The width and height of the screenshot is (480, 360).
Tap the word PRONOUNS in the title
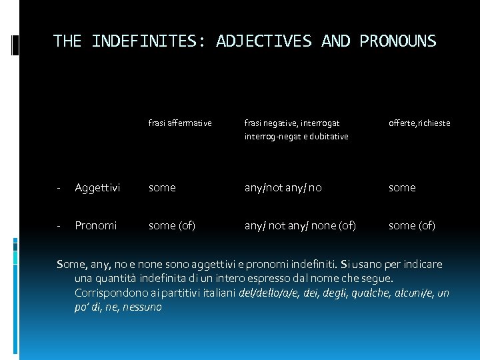[x=398, y=41]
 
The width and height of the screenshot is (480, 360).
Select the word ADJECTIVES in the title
[x=264, y=41]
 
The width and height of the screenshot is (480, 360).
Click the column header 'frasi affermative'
[x=180, y=123]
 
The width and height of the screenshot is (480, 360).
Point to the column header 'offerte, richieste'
[x=419, y=123]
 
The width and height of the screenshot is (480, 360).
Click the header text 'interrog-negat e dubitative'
[x=296, y=136]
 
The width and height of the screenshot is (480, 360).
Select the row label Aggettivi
[x=97, y=188]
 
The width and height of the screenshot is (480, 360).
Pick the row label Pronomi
[x=96, y=225]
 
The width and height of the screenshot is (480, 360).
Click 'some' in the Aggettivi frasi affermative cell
[x=162, y=188]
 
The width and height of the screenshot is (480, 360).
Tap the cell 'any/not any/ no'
[x=283, y=188]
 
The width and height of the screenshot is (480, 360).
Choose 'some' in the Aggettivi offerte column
[x=402, y=188]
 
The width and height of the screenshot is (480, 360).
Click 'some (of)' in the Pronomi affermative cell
[x=172, y=225]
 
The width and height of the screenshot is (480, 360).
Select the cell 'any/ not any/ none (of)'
[x=300, y=225]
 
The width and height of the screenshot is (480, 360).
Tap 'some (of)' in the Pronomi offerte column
[x=412, y=225]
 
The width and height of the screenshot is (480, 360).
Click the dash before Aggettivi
[x=59, y=188]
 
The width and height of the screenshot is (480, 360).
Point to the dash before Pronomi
[x=59, y=225]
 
